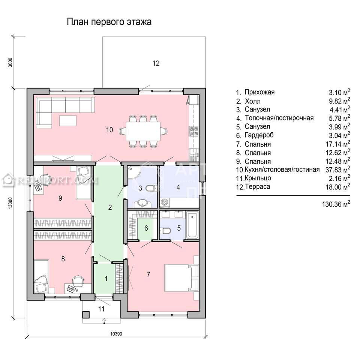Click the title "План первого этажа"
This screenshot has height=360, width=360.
[109, 22]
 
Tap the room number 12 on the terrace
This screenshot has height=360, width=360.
[156, 63]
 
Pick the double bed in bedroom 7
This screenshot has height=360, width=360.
[181, 278]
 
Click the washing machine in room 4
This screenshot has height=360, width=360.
[165, 202]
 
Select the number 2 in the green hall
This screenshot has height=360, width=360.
[110, 207]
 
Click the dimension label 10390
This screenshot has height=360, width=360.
[116, 334]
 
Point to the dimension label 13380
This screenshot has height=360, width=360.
[10, 203]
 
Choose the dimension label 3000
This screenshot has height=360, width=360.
[10, 62]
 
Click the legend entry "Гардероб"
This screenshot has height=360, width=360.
[259, 135]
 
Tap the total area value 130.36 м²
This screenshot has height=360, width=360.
[336, 204]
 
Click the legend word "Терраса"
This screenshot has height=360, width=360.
[257, 186]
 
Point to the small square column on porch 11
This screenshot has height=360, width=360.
[86, 314]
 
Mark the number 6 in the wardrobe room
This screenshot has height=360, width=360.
[146, 228]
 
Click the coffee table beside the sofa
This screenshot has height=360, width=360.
[68, 120]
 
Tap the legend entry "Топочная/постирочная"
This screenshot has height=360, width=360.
[279, 118]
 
